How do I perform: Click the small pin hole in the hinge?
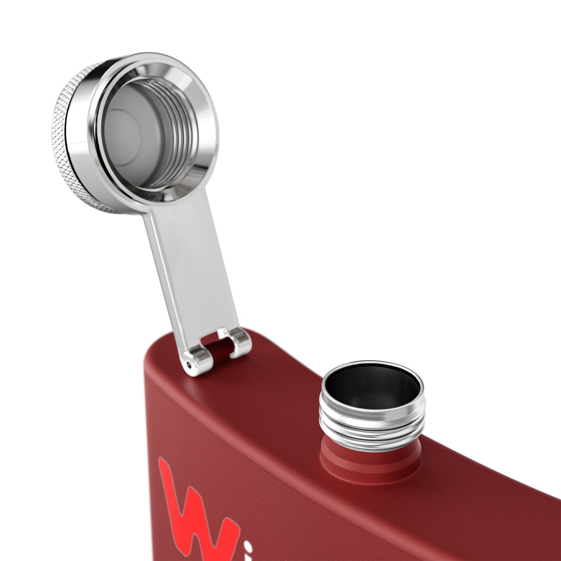tap(189, 364)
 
